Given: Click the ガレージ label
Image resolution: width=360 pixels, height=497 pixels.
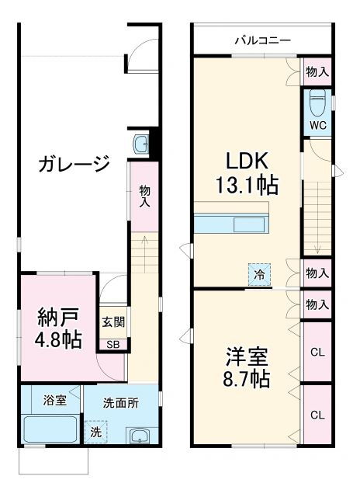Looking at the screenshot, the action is [x=74, y=163].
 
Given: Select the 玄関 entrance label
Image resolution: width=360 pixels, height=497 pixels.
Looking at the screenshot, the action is [x=113, y=322].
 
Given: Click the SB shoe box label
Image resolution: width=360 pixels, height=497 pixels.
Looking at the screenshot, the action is [x=113, y=345].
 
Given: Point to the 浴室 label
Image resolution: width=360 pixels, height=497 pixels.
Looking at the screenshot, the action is [x=55, y=401].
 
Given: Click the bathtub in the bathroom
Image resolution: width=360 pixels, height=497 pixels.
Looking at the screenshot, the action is [x=50, y=429].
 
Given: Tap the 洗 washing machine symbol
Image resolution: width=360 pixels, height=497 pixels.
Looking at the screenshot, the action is [x=96, y=432].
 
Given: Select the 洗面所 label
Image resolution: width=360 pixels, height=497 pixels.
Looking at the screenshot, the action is [x=121, y=403].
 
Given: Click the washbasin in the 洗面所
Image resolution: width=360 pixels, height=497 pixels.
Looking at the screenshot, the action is [x=139, y=436].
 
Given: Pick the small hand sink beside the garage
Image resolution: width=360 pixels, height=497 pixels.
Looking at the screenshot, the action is [x=141, y=145].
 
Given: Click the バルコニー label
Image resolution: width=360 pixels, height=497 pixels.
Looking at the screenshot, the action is [x=263, y=40].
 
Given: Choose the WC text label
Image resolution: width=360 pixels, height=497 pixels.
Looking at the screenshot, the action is [x=317, y=126].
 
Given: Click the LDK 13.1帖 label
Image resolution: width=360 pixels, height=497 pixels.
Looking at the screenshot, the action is [x=247, y=173].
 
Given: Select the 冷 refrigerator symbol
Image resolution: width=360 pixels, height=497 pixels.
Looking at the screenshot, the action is [x=259, y=274].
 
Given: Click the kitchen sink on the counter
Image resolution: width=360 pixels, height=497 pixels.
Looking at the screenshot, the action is [x=249, y=224].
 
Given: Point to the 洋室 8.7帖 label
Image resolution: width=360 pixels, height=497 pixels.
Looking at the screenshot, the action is [x=246, y=367].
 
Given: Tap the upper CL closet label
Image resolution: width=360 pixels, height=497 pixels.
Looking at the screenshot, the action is [x=317, y=352].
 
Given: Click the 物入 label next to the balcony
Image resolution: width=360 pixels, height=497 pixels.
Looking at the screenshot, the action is [x=317, y=72].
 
